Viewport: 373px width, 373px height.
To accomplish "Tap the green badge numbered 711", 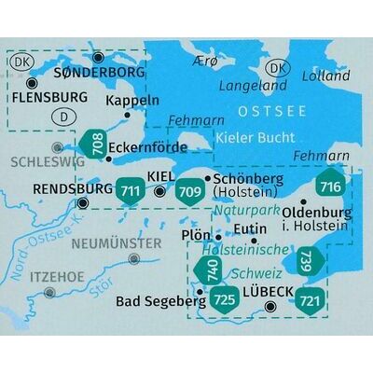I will point(131,189).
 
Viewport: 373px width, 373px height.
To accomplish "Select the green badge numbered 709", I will point(190,189).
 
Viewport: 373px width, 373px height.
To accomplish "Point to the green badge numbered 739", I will point(308,262).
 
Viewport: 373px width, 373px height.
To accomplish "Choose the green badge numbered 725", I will point(224,299).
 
